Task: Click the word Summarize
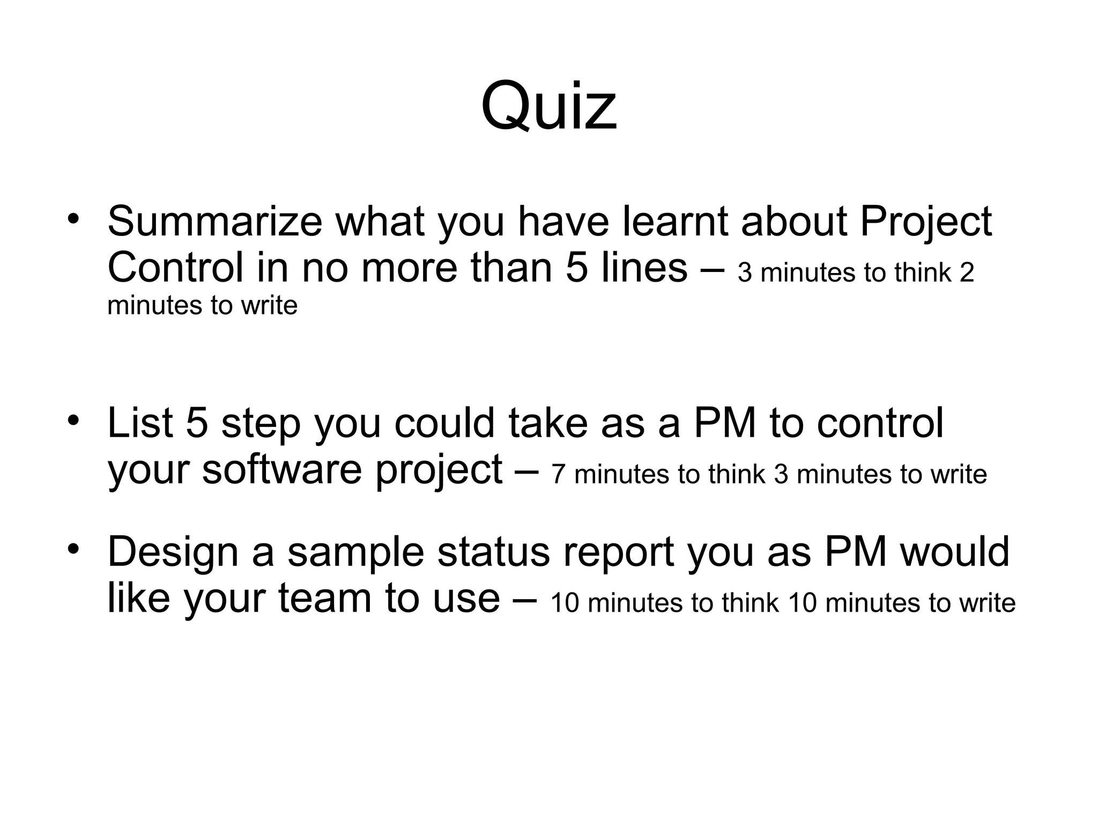tap(214, 221)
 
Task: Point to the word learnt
tap(674, 221)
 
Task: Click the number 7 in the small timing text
tap(558, 474)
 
